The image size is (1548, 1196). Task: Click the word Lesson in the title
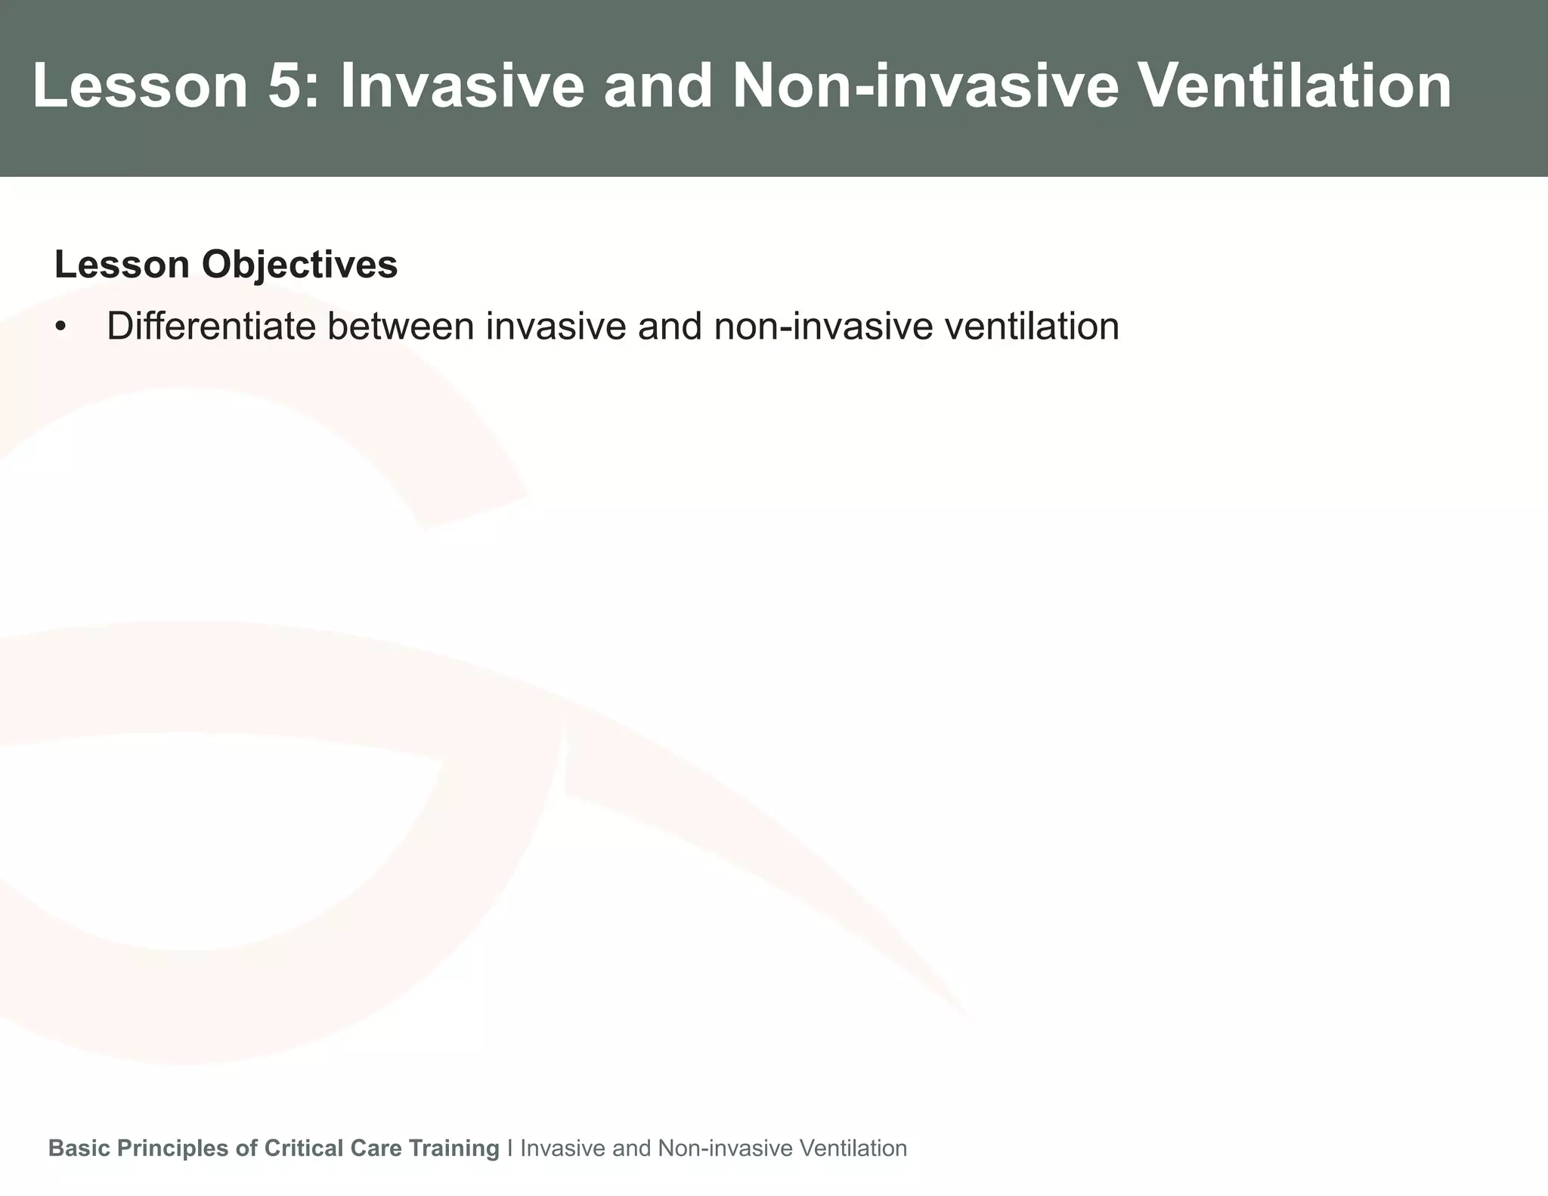tap(141, 87)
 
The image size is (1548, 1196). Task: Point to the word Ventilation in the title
tap(1294, 87)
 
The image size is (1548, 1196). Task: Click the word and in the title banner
tap(658, 87)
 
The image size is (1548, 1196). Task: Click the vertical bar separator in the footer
tap(510, 1148)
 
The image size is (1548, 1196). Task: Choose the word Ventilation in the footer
tap(853, 1148)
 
